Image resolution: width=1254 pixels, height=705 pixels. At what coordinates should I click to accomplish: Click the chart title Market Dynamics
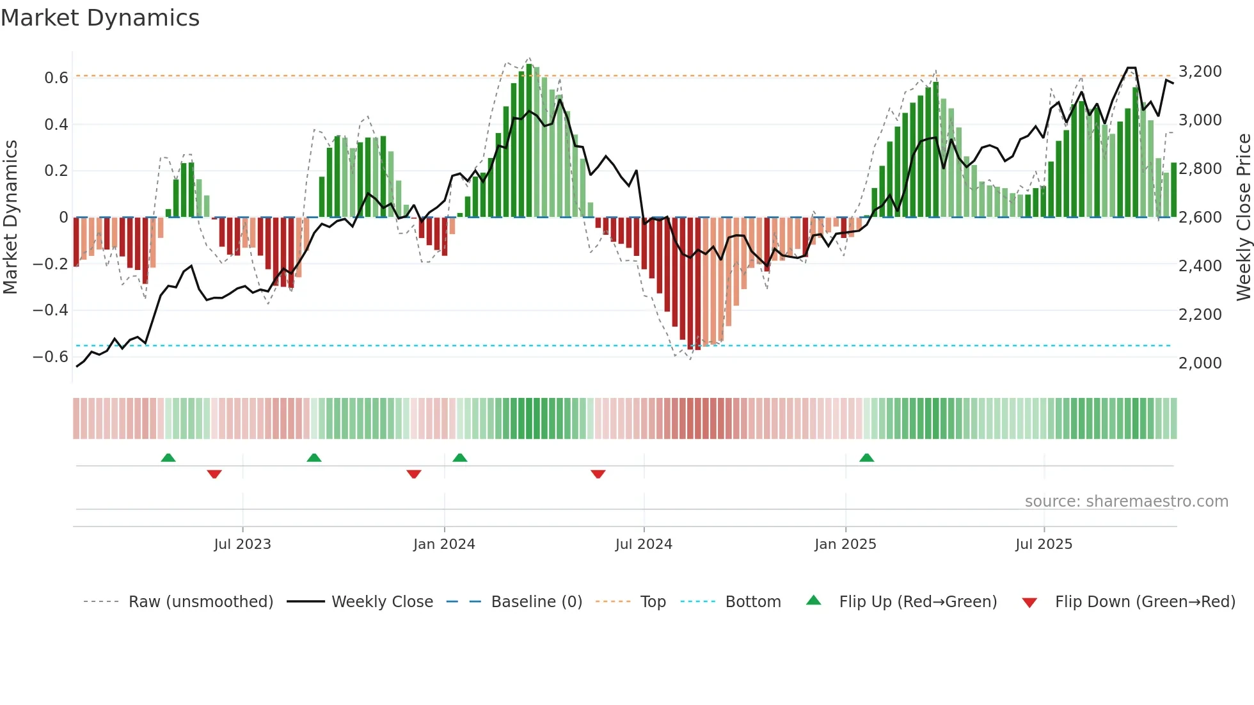click(100, 18)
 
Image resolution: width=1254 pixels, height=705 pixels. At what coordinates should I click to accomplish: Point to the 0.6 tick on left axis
click(56, 78)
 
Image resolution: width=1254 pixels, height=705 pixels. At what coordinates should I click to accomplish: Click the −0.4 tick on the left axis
click(50, 310)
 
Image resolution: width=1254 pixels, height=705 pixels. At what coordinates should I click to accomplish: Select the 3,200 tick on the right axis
click(1200, 72)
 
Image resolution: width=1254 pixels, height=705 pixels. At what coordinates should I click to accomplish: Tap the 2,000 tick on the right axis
click(1200, 363)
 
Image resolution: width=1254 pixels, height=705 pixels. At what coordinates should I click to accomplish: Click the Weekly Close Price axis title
click(1243, 217)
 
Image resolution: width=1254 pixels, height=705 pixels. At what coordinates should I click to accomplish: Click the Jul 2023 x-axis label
click(242, 544)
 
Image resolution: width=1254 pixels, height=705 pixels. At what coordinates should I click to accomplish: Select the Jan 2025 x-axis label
click(845, 544)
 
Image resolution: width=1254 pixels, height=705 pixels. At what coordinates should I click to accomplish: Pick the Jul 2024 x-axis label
click(644, 544)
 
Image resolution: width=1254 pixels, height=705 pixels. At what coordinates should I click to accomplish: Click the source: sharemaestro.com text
click(1126, 502)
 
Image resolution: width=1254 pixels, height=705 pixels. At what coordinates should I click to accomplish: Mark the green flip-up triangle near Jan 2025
click(866, 458)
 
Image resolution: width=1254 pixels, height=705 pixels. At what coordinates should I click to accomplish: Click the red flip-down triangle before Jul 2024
click(598, 474)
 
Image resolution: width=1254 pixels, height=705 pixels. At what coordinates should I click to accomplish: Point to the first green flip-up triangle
click(168, 458)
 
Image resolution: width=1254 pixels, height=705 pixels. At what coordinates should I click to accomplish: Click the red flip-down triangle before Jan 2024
click(414, 474)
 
